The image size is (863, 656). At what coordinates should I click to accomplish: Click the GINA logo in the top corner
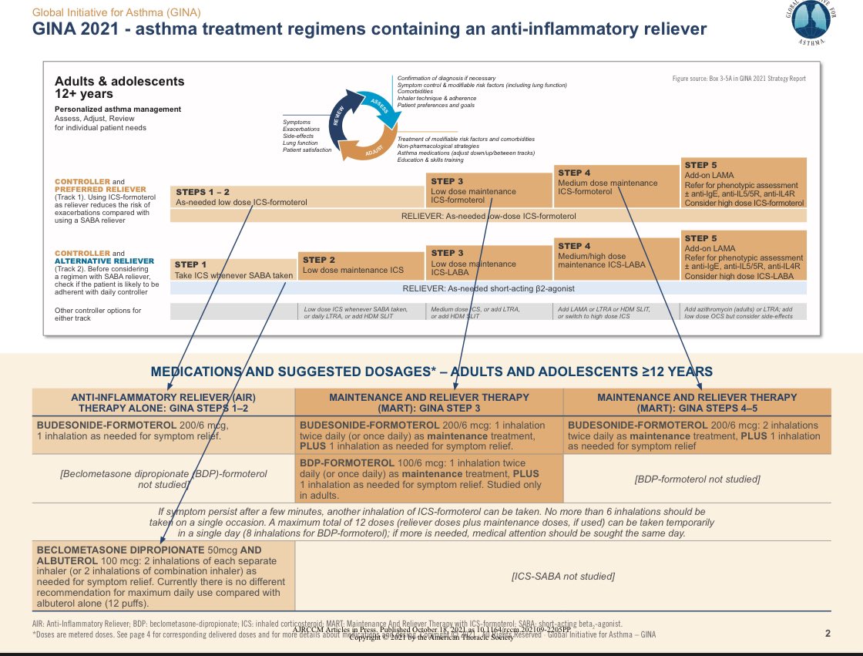(818, 23)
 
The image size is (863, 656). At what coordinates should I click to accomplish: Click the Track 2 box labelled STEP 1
(233, 270)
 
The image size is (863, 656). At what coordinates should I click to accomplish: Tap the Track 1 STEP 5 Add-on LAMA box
(744, 183)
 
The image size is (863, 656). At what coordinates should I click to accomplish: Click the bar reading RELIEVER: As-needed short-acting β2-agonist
(489, 288)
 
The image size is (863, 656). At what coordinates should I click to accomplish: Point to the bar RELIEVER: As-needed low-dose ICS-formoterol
(489, 216)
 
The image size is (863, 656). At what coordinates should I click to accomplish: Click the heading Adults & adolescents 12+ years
(119, 87)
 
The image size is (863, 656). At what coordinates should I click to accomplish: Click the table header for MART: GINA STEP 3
(429, 402)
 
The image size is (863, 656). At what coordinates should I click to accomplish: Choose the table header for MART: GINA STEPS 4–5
(697, 402)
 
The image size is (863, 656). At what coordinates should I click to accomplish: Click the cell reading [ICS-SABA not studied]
(562, 576)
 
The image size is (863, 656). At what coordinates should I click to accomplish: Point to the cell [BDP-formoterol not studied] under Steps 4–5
(697, 479)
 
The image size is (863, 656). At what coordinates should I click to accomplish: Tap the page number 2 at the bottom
(828, 634)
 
